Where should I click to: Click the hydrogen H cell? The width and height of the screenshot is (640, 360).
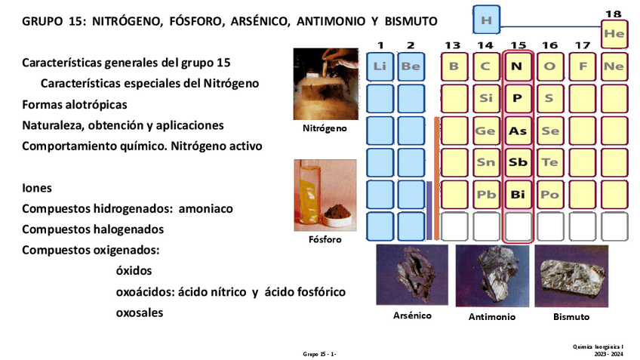pos(486,20)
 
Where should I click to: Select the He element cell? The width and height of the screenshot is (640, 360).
pos(614,33)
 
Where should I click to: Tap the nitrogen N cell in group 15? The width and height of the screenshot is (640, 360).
pos(517,66)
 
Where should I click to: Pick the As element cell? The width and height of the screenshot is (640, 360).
pos(517,131)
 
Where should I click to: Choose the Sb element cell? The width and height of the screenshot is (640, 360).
pos(517,162)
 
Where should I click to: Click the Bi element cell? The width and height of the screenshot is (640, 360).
pos(517,195)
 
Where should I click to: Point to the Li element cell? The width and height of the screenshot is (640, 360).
pos(379,66)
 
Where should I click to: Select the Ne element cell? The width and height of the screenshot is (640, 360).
pos(614,66)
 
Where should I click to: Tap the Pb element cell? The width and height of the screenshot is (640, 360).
pos(485,195)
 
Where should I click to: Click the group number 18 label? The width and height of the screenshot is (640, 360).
pos(615,13)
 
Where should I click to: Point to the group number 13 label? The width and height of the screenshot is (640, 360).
pos(453,46)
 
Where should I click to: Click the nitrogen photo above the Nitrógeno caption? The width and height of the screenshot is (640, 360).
pos(325,83)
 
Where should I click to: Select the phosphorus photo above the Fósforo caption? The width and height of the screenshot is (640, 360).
pos(325,195)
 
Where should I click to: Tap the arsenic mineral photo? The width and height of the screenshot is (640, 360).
pos(411,275)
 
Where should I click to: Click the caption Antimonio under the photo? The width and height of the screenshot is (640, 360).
pos(492,317)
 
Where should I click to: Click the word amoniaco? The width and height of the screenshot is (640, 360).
pos(206,208)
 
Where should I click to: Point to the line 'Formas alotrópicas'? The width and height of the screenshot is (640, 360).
pos(75,104)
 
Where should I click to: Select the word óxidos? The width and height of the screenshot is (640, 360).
pos(134,270)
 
